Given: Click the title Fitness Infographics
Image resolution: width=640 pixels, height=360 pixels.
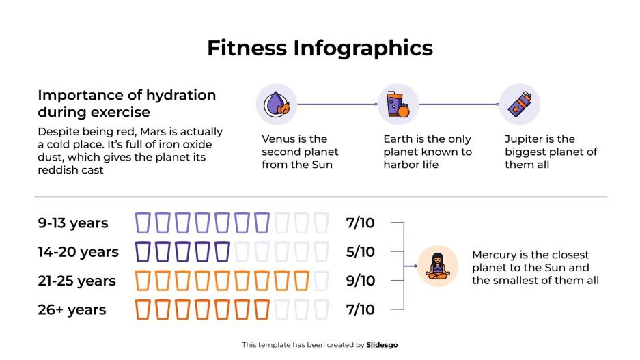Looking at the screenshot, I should (320, 48).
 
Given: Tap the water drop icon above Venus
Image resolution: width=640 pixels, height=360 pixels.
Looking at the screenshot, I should (276, 105).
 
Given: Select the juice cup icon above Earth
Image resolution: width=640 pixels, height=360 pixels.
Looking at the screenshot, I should (398, 105).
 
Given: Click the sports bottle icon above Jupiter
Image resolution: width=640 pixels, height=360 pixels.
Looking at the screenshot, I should (519, 105).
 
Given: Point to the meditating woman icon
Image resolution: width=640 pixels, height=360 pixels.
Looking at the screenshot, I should (437, 266).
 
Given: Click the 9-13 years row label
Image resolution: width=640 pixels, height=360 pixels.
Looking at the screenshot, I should (72, 223).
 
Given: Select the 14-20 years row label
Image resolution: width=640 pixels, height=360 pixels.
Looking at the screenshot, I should (78, 252).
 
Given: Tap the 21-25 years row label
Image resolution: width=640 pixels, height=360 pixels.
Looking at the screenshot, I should (76, 281).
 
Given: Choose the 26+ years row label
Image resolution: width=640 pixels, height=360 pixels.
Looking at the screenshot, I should (72, 309).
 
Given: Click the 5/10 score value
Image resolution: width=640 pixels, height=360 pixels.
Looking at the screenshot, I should (360, 252).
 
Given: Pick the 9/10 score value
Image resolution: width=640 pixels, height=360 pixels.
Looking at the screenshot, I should (360, 281).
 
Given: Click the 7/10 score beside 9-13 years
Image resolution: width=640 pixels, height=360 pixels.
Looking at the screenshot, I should (360, 223).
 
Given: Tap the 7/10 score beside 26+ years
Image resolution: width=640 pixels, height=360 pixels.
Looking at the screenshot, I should (360, 309).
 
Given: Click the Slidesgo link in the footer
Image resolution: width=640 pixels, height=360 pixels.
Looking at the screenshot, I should (382, 345).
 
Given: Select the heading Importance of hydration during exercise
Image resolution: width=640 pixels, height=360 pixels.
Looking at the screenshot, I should (126, 103).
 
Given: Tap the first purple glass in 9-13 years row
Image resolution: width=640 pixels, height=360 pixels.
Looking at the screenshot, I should (143, 223).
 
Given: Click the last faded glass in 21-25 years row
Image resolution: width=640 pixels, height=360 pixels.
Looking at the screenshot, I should (322, 281).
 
